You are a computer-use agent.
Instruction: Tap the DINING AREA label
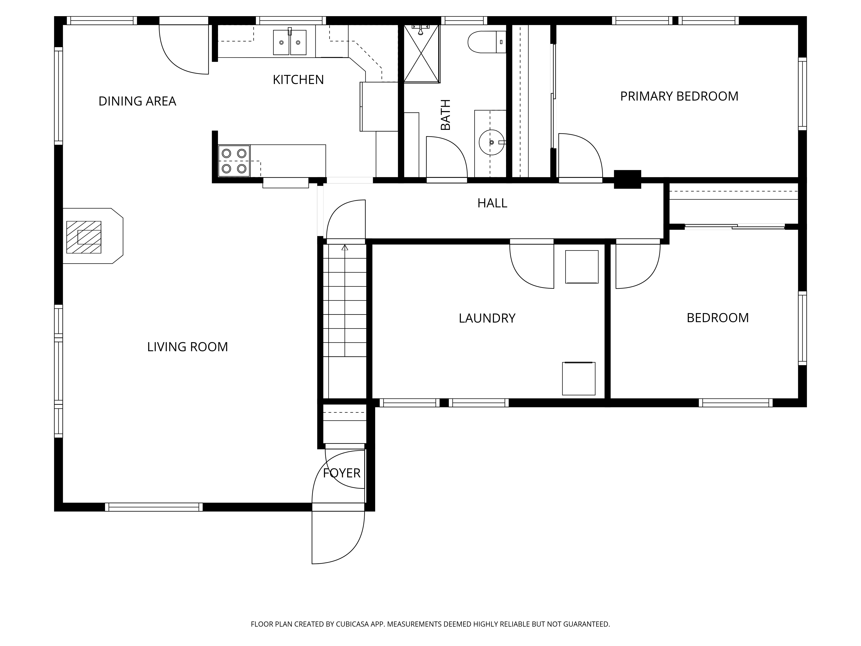coord(137,101)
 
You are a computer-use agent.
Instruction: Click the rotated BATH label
coord(445,115)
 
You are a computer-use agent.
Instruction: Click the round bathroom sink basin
coord(491,143)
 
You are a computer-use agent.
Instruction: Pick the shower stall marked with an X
coord(421,54)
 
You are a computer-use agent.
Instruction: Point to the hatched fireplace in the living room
coord(84,237)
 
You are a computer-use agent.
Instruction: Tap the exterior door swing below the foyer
coord(338,537)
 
